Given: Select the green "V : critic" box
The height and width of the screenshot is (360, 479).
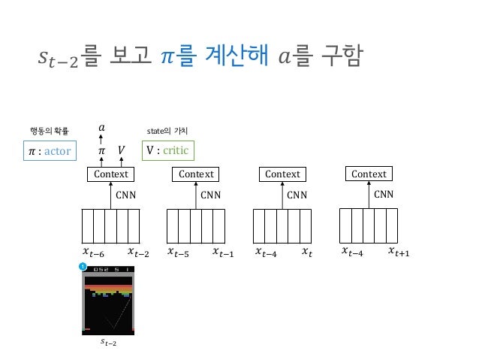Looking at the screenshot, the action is pos(167,152).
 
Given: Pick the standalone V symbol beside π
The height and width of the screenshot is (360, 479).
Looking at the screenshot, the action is pos(120,152).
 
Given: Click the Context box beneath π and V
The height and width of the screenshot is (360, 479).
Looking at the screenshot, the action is pos(109,174).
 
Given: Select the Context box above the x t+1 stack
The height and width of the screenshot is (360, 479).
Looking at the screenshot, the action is pos(369,174).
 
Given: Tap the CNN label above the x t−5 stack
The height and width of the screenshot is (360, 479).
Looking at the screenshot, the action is pos(211,194).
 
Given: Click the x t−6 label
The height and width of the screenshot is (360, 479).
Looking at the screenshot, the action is pos(92,253).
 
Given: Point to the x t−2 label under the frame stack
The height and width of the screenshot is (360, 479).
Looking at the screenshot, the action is pos(138,253).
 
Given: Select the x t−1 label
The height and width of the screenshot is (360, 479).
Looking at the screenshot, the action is pos(223,253).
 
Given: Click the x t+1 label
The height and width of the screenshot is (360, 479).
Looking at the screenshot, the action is pos(399,253).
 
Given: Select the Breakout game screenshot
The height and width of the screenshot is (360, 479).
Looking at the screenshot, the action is pos(110,300).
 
